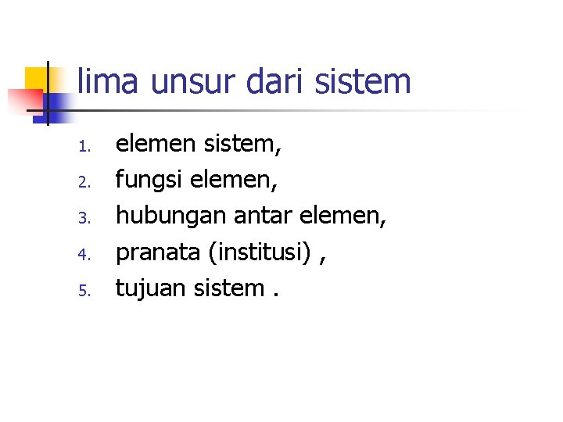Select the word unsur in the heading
pyautogui.click(x=178, y=81)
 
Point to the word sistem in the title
pyautogui.click(x=362, y=81)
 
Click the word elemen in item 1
pyautogui.click(x=156, y=144)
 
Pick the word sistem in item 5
pyautogui.click(x=234, y=288)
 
